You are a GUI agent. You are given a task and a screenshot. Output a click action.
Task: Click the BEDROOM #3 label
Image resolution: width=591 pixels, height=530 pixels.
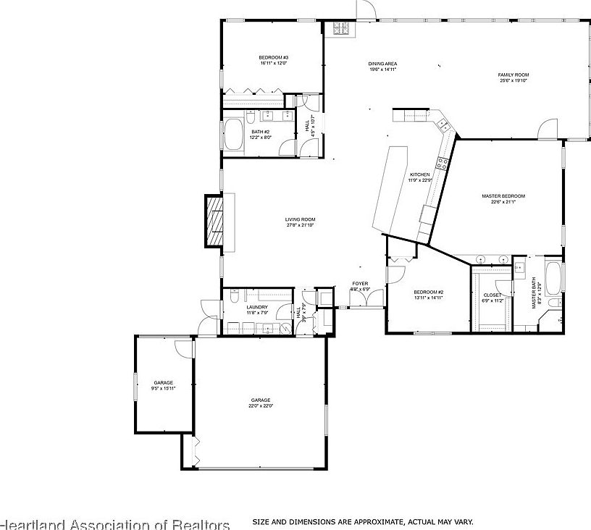coord(274,58)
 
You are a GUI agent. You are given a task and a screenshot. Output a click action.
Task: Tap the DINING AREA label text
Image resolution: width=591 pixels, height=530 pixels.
coord(383,64)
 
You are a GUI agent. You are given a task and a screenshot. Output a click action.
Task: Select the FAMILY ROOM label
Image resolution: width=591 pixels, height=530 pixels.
coord(513,75)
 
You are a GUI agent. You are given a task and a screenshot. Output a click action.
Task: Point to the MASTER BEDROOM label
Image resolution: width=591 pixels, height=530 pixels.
coord(503,196)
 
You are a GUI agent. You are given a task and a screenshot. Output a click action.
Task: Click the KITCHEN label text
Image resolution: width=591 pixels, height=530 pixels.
coord(420,174)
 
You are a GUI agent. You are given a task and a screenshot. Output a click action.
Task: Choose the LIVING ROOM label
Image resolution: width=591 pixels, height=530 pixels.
coord(300,219)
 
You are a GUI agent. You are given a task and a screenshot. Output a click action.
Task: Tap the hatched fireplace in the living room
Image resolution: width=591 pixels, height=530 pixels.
coord(214,222)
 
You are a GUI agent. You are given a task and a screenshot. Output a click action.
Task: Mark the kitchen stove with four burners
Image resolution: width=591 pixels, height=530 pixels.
coord(340,28)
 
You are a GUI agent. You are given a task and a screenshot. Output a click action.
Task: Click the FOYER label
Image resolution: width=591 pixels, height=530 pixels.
coord(360,283)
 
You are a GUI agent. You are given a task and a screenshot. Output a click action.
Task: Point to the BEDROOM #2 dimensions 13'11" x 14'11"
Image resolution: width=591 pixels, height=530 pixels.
coord(429,298)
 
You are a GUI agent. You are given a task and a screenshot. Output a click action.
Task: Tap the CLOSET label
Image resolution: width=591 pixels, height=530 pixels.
coord(492,295)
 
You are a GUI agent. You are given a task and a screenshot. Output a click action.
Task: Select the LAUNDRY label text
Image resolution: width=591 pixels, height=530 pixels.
coord(257,307)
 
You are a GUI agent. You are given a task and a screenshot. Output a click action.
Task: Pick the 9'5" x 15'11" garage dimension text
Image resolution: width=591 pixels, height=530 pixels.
coord(163,388)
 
